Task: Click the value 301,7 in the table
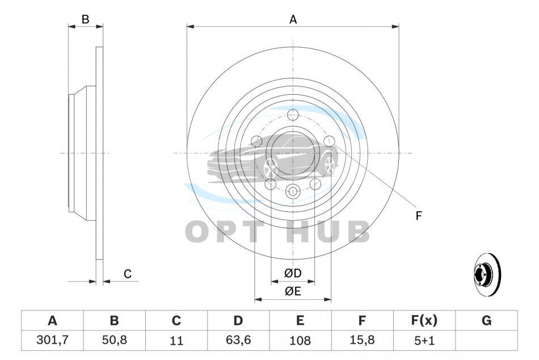coord(53,340)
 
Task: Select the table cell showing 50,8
coord(115,340)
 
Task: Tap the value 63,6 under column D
coord(238,340)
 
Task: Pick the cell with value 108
coord(300,340)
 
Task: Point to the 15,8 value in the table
coord(362,340)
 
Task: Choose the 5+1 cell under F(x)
coord(424,340)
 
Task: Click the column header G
coord(486,321)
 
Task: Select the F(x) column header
coord(424,321)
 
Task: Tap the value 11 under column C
coord(176,340)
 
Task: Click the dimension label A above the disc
coord(293,20)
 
